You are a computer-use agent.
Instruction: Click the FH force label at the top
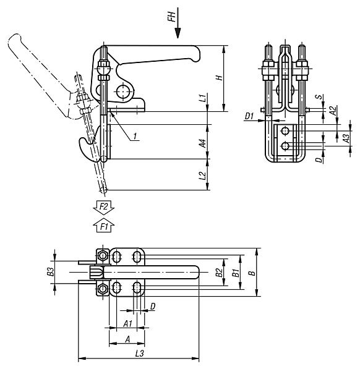[173, 17]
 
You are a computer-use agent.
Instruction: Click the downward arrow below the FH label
[178, 23]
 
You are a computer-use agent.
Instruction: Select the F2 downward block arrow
[103, 208]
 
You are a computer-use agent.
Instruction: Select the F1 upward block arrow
[103, 225]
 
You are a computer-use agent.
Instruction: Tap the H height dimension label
[220, 78]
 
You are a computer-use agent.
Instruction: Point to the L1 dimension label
[202, 98]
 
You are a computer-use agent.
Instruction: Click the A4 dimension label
[202, 143]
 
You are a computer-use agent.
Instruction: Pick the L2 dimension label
[202, 176]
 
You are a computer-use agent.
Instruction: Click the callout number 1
[135, 136]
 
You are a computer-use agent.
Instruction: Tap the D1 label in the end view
[249, 116]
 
